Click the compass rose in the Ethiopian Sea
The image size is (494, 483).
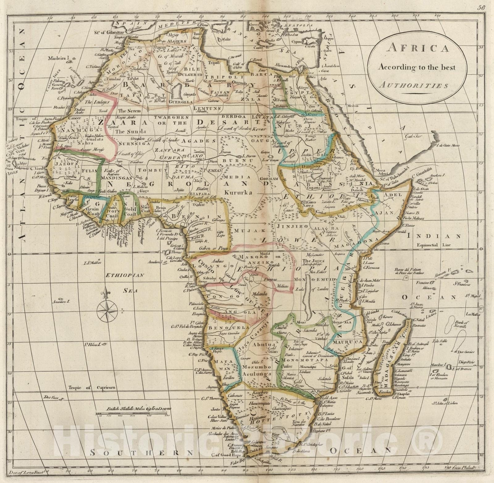[107, 310]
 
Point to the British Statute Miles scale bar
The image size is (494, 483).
[133, 414]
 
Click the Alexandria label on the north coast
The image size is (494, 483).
[284, 66]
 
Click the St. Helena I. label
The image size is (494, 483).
[93, 344]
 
